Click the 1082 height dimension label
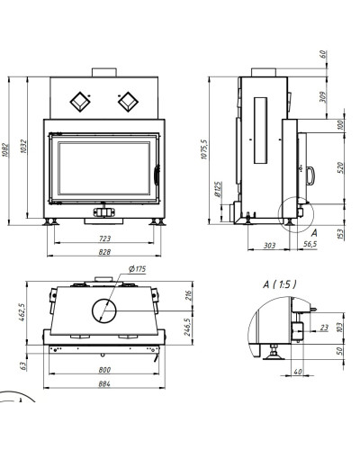(5, 150)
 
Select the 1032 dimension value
(24, 147)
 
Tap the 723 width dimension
(104, 238)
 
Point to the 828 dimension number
(104, 252)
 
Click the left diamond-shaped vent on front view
(80, 102)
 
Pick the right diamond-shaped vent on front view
(128, 102)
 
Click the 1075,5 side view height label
(204, 149)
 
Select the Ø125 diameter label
(218, 189)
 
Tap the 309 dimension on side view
(323, 97)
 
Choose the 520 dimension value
(340, 167)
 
